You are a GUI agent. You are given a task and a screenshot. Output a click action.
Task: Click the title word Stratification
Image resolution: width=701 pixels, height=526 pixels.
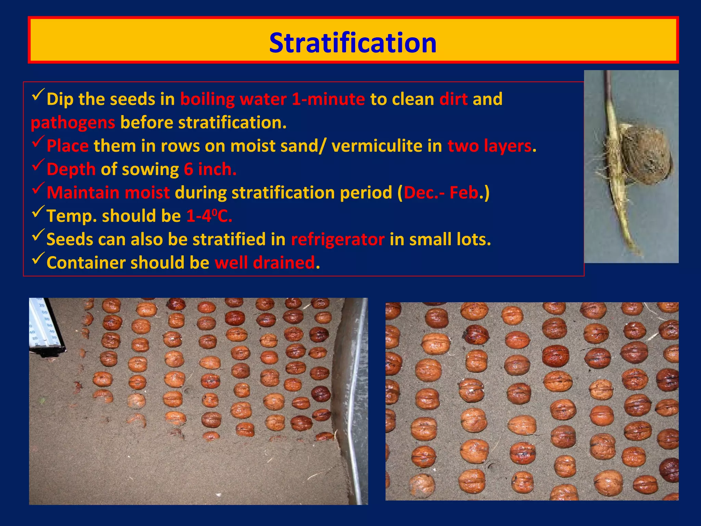353,43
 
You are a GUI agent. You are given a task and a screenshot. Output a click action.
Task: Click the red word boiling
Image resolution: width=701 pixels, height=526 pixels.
207,99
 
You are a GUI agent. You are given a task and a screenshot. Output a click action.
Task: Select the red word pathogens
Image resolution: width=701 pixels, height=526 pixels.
73,123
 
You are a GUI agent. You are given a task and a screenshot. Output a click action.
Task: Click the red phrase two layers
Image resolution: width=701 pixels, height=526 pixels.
489,146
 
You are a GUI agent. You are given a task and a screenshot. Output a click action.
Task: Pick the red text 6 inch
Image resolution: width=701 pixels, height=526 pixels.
210,170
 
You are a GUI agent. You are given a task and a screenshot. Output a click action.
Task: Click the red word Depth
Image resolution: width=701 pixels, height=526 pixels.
71,170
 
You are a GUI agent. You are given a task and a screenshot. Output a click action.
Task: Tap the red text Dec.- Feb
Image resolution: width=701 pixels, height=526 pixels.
441,193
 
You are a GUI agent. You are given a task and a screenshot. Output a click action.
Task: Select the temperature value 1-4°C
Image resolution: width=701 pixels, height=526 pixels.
209,216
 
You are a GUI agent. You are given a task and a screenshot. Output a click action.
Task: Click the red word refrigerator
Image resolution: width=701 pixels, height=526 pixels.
337,239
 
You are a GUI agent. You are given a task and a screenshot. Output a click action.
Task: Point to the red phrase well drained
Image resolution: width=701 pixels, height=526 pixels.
265,263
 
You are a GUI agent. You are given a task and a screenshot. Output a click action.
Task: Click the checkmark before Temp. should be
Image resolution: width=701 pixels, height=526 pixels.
38,213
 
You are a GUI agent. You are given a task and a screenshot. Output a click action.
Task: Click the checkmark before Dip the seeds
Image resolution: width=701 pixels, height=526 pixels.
38,95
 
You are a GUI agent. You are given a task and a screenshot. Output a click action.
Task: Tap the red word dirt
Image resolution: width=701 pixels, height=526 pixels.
453,99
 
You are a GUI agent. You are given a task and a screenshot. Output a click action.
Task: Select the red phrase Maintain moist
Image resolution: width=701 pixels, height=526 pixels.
108,193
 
